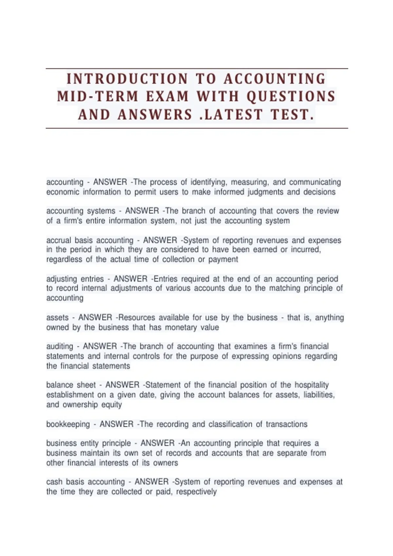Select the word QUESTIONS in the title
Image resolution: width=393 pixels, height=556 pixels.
coord(291,96)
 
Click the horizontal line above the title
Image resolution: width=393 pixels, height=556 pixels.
coord(196,69)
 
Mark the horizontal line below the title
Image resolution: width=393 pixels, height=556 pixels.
coord(196,128)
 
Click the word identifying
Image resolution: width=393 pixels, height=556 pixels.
coord(208,182)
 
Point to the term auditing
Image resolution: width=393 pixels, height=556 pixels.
coord(60,346)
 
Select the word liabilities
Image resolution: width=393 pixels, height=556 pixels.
coord(319,395)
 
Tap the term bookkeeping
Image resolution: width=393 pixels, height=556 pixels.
coord(68,424)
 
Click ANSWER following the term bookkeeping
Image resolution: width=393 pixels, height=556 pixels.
coord(117,424)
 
